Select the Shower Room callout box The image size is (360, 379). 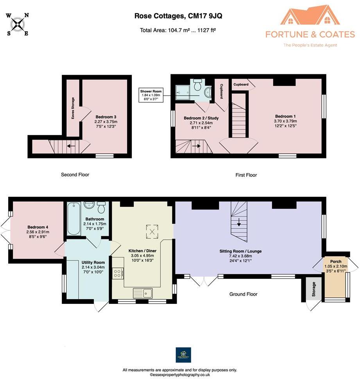[x=151, y=95]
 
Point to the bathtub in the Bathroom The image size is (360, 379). [x=74, y=219]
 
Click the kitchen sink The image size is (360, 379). [x=143, y=293]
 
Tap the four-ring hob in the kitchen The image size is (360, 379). [x=117, y=273]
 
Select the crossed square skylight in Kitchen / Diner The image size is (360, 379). [x=152, y=232]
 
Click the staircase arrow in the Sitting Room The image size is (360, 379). [x=239, y=222]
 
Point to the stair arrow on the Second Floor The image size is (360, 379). [x=71, y=146]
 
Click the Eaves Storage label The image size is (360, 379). [x=73, y=108]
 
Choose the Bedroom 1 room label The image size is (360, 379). [x=285, y=116]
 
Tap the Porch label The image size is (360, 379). [x=336, y=262]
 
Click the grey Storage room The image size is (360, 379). [x=313, y=289]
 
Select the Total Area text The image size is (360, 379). [x=178, y=30]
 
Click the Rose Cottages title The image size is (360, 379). [x=178, y=16]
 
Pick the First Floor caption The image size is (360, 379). [x=246, y=175]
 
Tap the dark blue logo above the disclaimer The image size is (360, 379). [x=183, y=355]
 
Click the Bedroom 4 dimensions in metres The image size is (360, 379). [x=38, y=232]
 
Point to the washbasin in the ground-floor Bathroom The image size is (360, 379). [x=90, y=205]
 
